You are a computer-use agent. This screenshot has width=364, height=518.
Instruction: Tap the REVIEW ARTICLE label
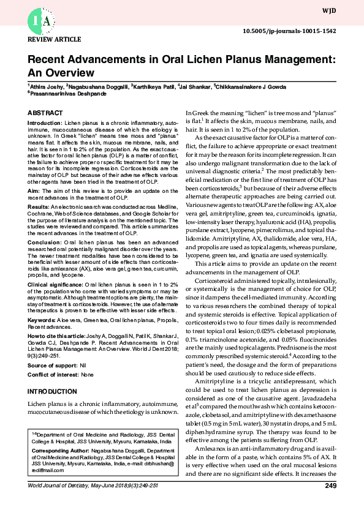coord(50,39)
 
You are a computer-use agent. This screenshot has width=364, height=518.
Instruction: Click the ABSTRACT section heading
coord(45,113)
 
